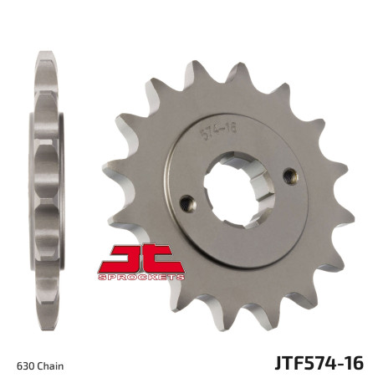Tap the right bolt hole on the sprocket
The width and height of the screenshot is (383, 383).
tap(290, 174)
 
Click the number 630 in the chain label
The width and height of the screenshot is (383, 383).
tap(25, 366)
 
